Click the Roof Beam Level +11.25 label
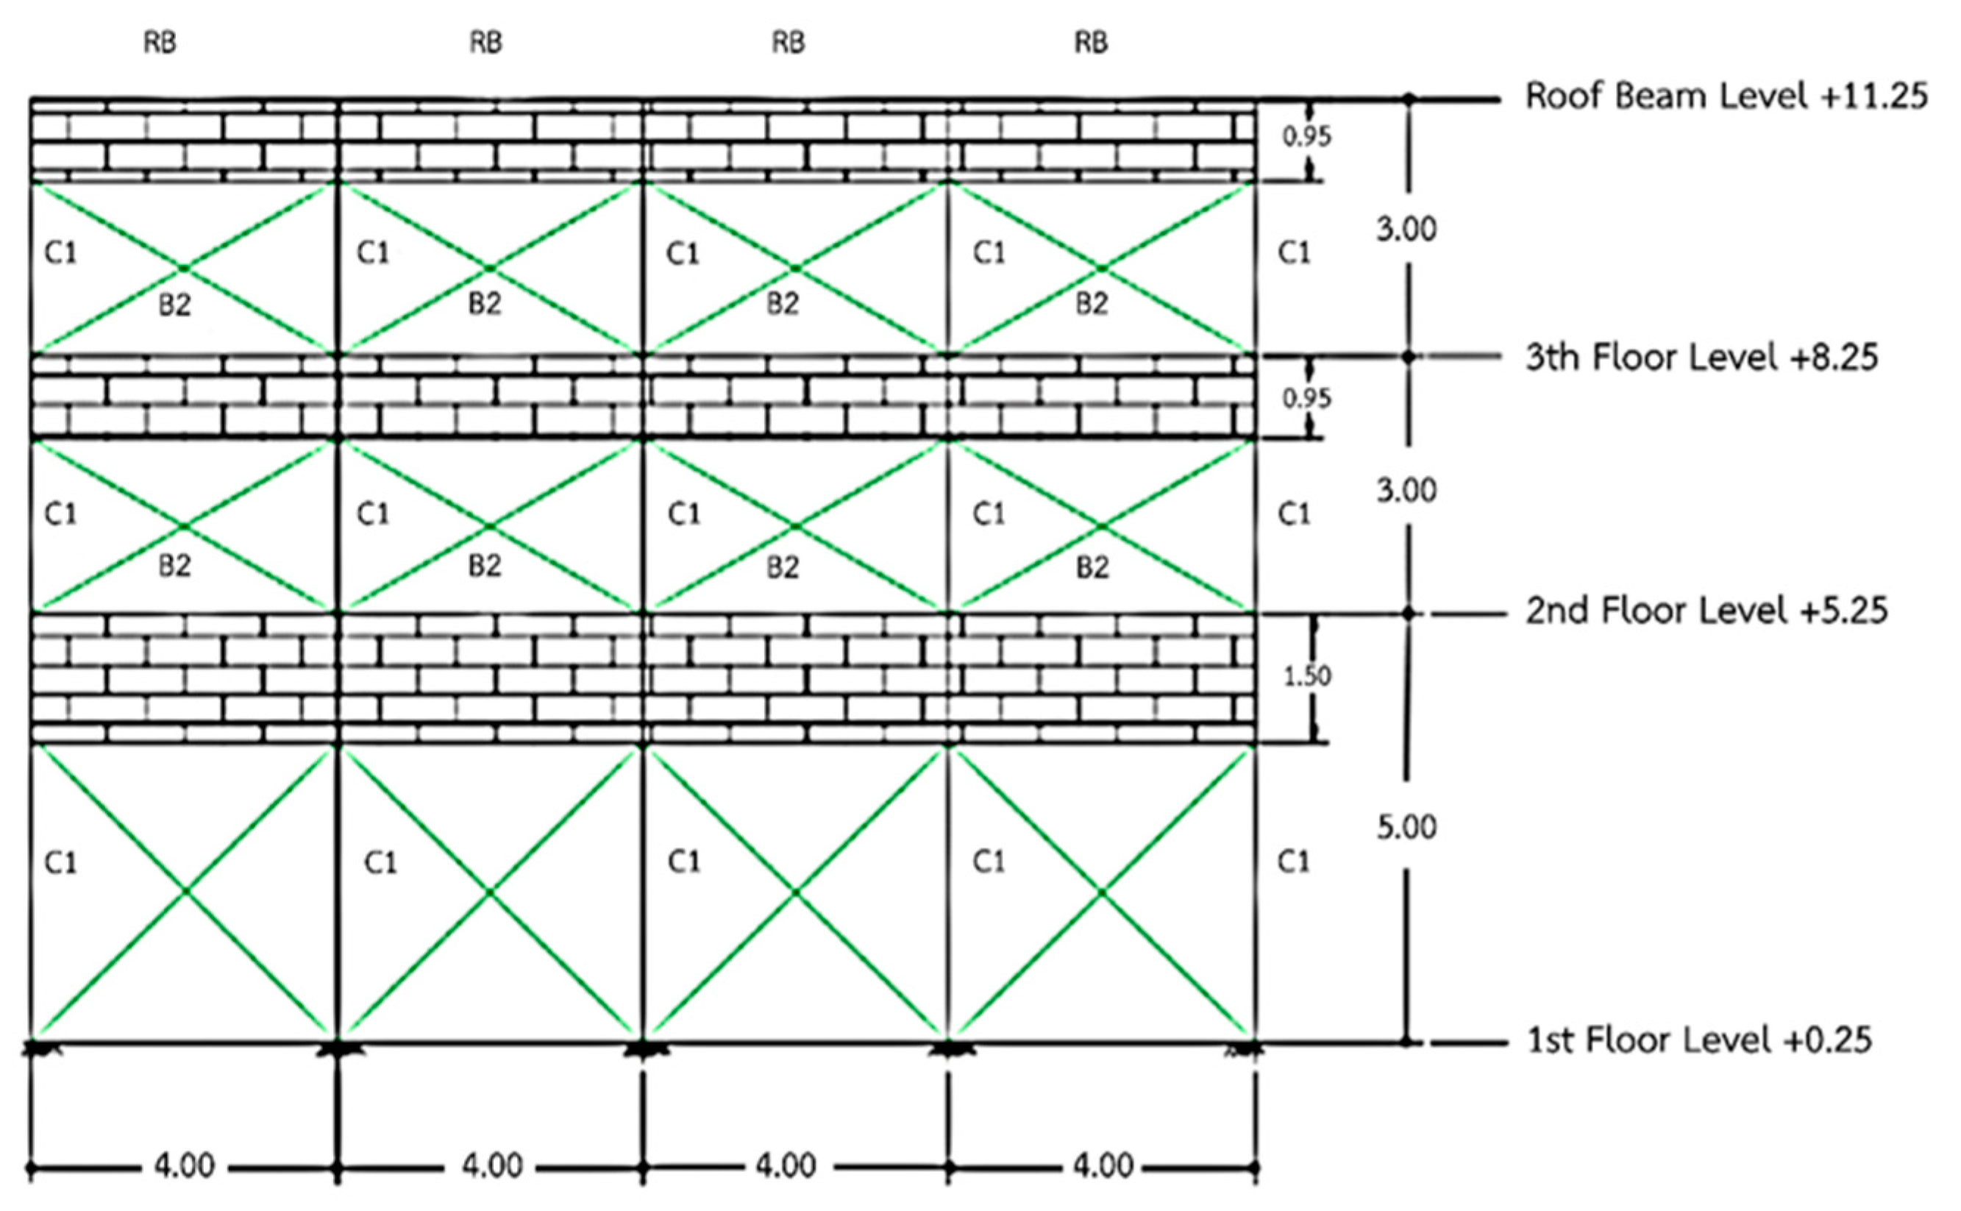point(1726,96)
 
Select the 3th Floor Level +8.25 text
point(1701,358)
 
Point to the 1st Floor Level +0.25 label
point(1700,1041)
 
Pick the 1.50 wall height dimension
point(1308,677)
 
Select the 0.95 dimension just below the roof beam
point(1307,137)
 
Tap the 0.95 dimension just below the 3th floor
point(1307,398)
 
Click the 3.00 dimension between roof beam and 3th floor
point(1407,230)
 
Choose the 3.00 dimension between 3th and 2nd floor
point(1407,490)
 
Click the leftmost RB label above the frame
point(160,43)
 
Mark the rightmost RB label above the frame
point(1091,43)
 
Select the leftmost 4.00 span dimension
point(185,1165)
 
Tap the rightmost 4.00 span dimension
point(1103,1165)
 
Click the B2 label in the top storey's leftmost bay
point(174,305)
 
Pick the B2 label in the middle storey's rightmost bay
point(1092,567)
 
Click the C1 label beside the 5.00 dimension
point(1293,862)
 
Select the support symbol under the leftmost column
point(34,1047)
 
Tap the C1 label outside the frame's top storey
point(1293,253)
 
